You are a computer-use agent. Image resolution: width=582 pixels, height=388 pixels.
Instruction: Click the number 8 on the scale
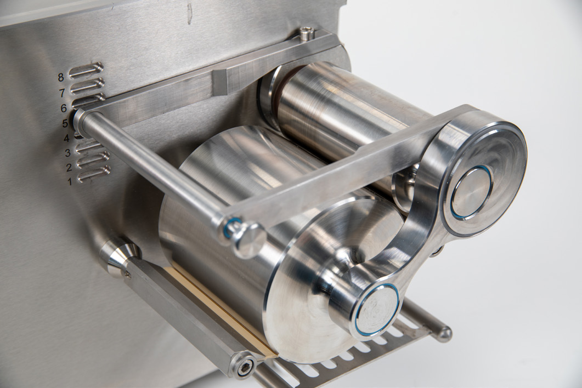61,77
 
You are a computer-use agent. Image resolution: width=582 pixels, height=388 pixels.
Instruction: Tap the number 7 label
62,93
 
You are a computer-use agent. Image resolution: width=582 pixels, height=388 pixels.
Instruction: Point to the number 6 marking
64,109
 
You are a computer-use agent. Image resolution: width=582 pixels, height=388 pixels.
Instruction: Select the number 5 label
65,123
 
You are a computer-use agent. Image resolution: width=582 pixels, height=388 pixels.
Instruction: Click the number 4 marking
66,138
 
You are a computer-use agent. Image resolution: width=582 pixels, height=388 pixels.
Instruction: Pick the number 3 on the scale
68,153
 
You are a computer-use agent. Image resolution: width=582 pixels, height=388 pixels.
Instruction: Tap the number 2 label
69,168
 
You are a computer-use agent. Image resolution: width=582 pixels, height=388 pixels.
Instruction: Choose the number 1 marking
70,182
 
